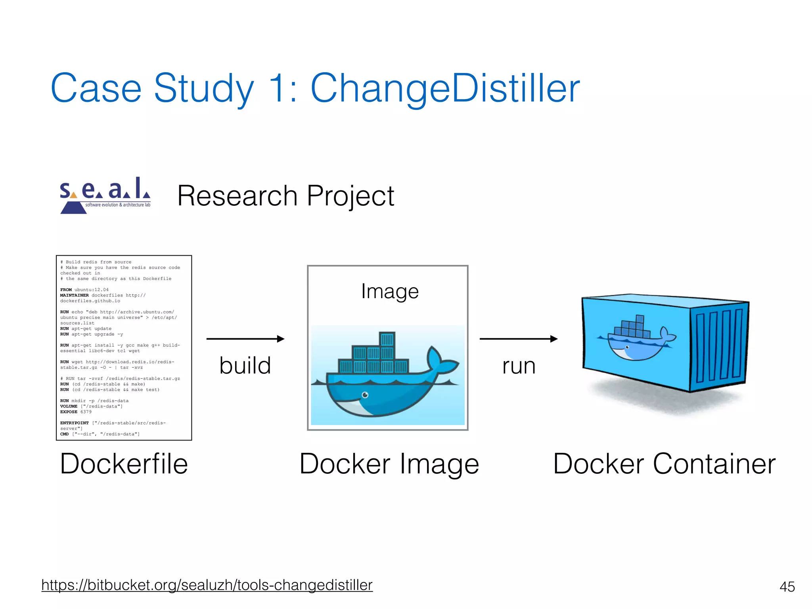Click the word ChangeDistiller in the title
click(445, 88)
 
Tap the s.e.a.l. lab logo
click(105, 195)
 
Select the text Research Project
click(285, 196)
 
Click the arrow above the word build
click(245, 339)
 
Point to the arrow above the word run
click(519, 339)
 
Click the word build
click(245, 365)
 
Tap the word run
click(519, 366)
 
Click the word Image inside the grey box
click(390, 291)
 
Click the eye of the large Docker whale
click(365, 395)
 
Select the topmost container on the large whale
click(387, 339)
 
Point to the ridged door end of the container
click(719, 345)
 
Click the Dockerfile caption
click(124, 464)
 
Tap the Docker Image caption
click(389, 464)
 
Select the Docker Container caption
click(664, 464)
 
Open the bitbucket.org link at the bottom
click(207, 585)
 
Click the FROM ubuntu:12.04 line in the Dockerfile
click(84, 290)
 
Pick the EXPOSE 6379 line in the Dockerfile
click(76, 412)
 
